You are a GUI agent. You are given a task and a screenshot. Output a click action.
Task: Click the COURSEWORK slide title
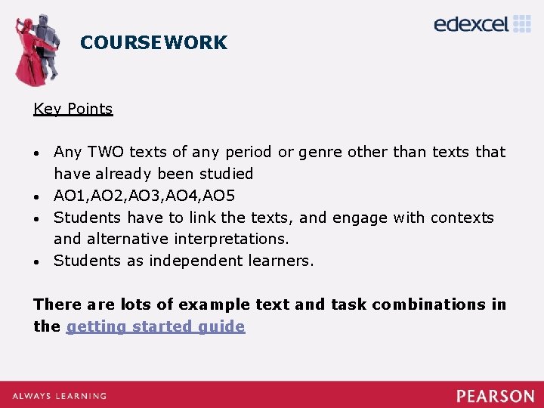153,42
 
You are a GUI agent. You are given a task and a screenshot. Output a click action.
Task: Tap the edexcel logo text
471,24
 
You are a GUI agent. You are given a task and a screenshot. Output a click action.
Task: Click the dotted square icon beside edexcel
522,23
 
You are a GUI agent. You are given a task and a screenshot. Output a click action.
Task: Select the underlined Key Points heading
73,109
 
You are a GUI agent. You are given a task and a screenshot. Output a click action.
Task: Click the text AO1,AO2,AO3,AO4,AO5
144,196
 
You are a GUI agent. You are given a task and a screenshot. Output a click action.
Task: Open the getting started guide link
156,326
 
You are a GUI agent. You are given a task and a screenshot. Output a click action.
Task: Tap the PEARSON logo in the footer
495,396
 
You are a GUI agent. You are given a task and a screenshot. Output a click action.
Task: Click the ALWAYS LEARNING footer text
58,396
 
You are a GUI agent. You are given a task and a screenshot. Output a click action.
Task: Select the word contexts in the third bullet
462,218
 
